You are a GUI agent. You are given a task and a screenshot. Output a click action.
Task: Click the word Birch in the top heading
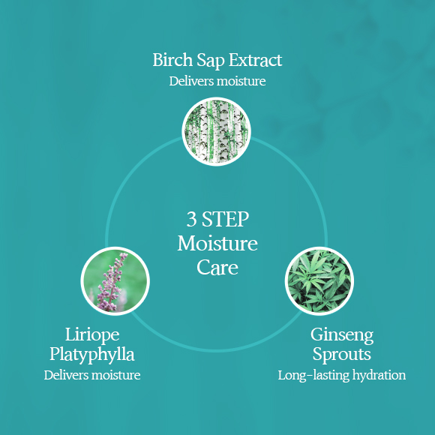[x=172, y=60]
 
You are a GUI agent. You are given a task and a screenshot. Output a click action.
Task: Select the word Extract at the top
[x=255, y=60]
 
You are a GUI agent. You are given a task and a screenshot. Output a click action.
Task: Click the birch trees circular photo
[x=217, y=131]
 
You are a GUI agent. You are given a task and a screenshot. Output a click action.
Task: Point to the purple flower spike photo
[x=115, y=281]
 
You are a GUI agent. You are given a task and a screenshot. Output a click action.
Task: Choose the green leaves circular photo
[x=319, y=281]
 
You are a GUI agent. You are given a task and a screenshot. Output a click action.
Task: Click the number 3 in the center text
[x=191, y=219]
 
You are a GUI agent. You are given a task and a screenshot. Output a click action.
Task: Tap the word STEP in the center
[x=225, y=219]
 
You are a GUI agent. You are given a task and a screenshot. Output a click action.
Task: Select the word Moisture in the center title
[x=217, y=243]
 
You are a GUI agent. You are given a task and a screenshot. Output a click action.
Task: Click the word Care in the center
[x=217, y=268]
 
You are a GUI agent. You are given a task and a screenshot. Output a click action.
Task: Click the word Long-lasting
[x=313, y=376]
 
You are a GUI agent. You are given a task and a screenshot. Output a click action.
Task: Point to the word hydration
[x=379, y=375]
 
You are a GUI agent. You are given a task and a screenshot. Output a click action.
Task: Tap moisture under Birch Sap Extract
[x=241, y=81]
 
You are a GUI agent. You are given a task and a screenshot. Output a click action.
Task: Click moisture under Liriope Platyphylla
[x=116, y=375]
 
